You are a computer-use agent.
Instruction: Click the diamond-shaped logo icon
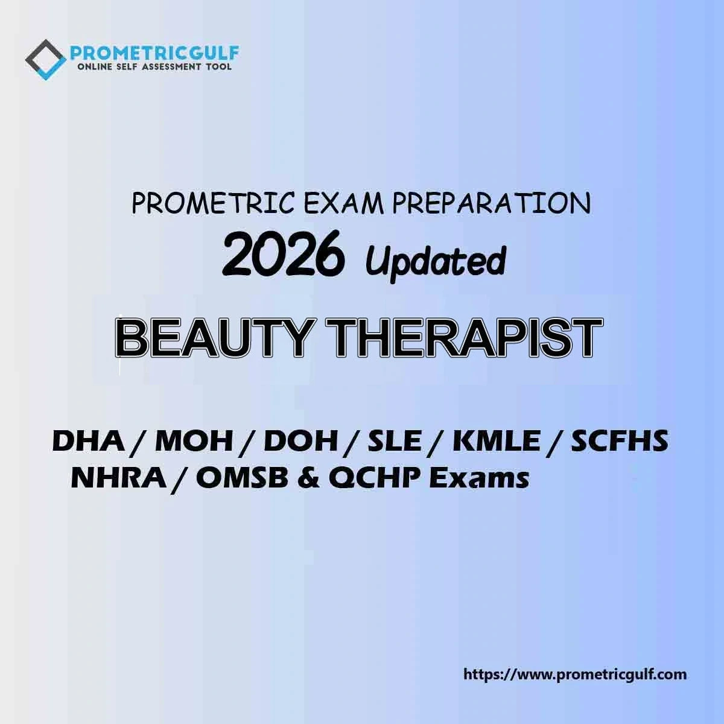[45, 60]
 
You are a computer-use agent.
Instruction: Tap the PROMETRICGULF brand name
[154, 53]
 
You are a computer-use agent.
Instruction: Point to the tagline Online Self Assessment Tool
[154, 67]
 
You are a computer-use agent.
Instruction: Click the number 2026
[283, 253]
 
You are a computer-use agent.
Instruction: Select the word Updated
[436, 261]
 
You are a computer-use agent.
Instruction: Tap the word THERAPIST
[466, 338]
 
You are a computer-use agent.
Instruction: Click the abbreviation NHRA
[119, 478]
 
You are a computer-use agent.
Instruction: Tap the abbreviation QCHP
[376, 480]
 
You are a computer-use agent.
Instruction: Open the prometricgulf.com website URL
[575, 675]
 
